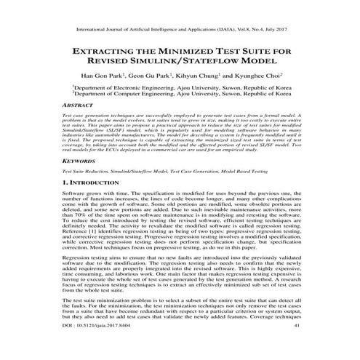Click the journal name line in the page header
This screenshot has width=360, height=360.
pos(179,31)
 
